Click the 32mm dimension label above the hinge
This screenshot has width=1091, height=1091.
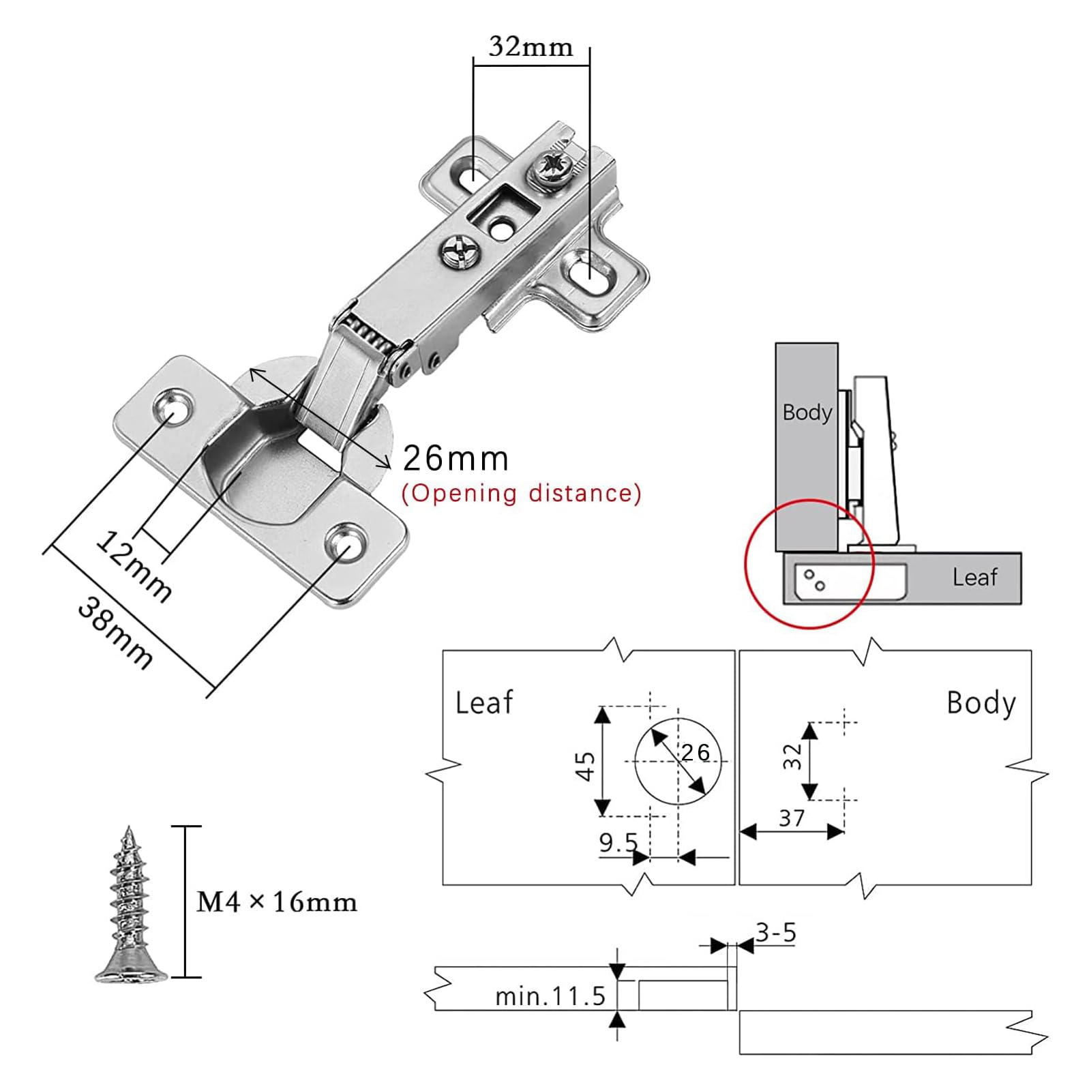(x=530, y=46)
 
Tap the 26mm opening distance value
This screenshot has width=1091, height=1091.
(x=455, y=458)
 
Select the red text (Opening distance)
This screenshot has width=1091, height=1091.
(x=522, y=493)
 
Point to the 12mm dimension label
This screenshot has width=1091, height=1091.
(x=133, y=566)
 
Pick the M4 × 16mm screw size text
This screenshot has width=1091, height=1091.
(x=277, y=902)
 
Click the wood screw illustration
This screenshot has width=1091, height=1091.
(x=130, y=905)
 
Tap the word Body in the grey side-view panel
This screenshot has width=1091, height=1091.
(x=807, y=413)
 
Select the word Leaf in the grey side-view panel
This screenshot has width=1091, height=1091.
(x=975, y=578)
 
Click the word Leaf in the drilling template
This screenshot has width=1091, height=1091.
(x=484, y=703)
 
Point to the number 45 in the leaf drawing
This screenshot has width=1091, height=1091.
(x=585, y=766)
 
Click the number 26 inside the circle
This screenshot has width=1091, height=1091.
(x=696, y=752)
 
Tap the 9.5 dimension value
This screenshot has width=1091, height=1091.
(x=618, y=843)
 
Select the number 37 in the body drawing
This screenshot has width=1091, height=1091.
(x=792, y=818)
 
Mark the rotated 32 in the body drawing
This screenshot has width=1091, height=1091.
(x=792, y=757)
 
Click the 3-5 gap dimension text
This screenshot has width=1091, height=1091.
(x=775, y=933)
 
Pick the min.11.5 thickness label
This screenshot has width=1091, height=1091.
(x=550, y=996)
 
